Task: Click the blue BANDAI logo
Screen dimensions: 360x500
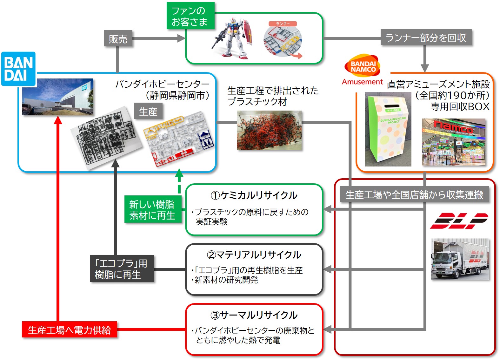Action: click(x=18, y=69)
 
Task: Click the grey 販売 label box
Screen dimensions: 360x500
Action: click(x=118, y=39)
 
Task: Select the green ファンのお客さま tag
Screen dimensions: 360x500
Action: click(x=190, y=16)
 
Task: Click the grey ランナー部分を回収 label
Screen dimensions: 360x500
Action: click(x=426, y=37)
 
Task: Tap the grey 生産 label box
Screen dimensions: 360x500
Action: click(x=148, y=111)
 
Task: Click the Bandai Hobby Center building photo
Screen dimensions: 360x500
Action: click(x=58, y=97)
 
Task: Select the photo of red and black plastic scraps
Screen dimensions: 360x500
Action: click(x=269, y=130)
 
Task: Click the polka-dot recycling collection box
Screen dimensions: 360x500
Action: click(x=388, y=130)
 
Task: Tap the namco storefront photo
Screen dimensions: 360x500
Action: click(x=453, y=142)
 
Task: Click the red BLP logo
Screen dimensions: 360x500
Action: click(x=458, y=221)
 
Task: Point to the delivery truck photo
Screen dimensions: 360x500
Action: click(x=460, y=259)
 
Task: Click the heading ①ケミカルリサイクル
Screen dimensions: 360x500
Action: click(x=254, y=195)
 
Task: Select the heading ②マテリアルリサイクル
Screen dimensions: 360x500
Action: click(x=254, y=255)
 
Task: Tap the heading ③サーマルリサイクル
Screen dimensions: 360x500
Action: click(x=254, y=315)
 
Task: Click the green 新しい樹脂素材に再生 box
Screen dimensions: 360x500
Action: click(x=152, y=210)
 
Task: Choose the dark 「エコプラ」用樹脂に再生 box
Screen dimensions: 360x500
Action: click(x=122, y=268)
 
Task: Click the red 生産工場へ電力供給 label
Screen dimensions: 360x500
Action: click(x=69, y=330)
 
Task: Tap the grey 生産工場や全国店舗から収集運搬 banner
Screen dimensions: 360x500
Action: click(x=414, y=194)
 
